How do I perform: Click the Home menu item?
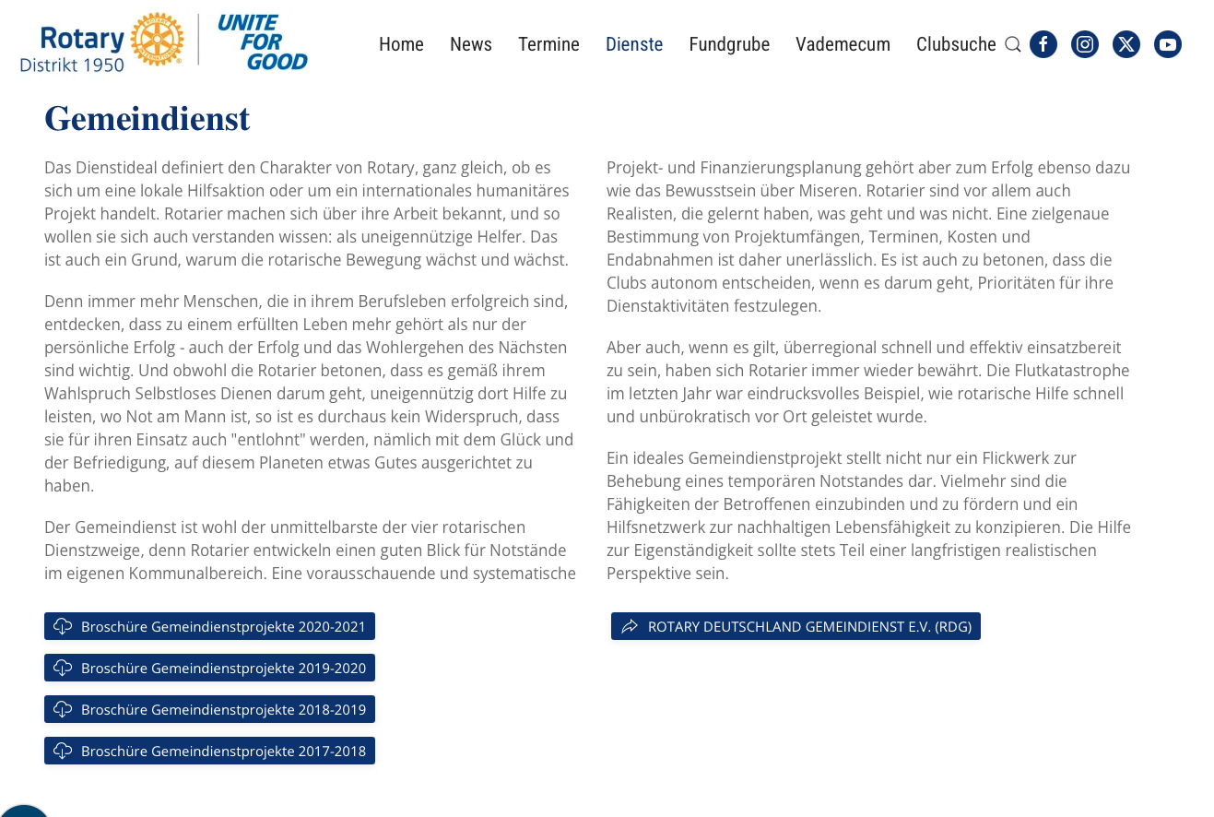click(x=401, y=44)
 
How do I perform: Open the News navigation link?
click(x=470, y=44)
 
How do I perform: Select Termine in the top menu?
click(x=548, y=44)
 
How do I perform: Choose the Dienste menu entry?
click(x=634, y=44)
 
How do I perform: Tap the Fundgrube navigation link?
click(x=729, y=44)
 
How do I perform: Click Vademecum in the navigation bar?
click(x=843, y=44)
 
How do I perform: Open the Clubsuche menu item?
click(x=956, y=44)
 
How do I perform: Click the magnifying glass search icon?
click(x=1012, y=44)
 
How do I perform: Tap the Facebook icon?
click(x=1043, y=44)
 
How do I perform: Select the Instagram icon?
click(x=1085, y=44)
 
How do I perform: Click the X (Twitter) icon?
click(x=1126, y=44)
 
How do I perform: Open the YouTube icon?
click(x=1168, y=44)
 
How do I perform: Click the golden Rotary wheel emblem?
click(x=157, y=40)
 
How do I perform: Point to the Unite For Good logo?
click(x=263, y=42)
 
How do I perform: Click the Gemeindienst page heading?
click(x=147, y=119)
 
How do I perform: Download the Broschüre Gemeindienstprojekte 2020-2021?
click(x=209, y=626)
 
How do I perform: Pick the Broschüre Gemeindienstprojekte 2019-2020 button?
click(x=209, y=668)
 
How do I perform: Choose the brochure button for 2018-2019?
click(x=209, y=709)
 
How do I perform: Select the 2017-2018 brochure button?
click(x=209, y=751)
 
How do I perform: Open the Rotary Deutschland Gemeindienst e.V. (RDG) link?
click(x=796, y=626)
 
